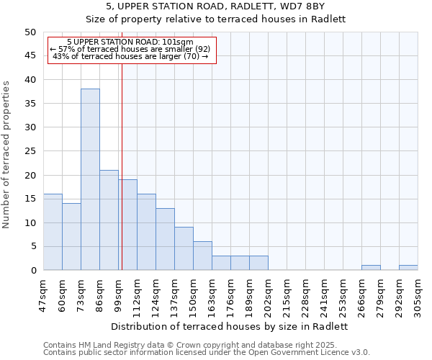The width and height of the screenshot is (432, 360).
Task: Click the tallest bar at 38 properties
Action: pyautogui.click(x=90, y=179)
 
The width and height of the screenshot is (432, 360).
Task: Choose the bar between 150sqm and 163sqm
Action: pyautogui.click(x=202, y=256)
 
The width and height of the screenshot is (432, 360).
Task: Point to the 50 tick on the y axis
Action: pyautogui.click(x=30, y=32)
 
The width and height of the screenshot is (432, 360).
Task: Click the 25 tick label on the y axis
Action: pyautogui.click(x=30, y=151)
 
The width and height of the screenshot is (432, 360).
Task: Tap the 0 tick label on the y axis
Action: pyautogui.click(x=33, y=271)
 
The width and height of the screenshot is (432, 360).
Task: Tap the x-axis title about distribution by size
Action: pyautogui.click(x=230, y=326)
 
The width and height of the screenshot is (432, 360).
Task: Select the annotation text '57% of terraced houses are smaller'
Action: pyautogui.click(x=130, y=49)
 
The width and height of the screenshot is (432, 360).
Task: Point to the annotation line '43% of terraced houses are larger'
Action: pyautogui.click(x=130, y=56)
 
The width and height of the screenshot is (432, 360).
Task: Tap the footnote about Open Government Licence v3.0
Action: pyautogui.click(x=207, y=353)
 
